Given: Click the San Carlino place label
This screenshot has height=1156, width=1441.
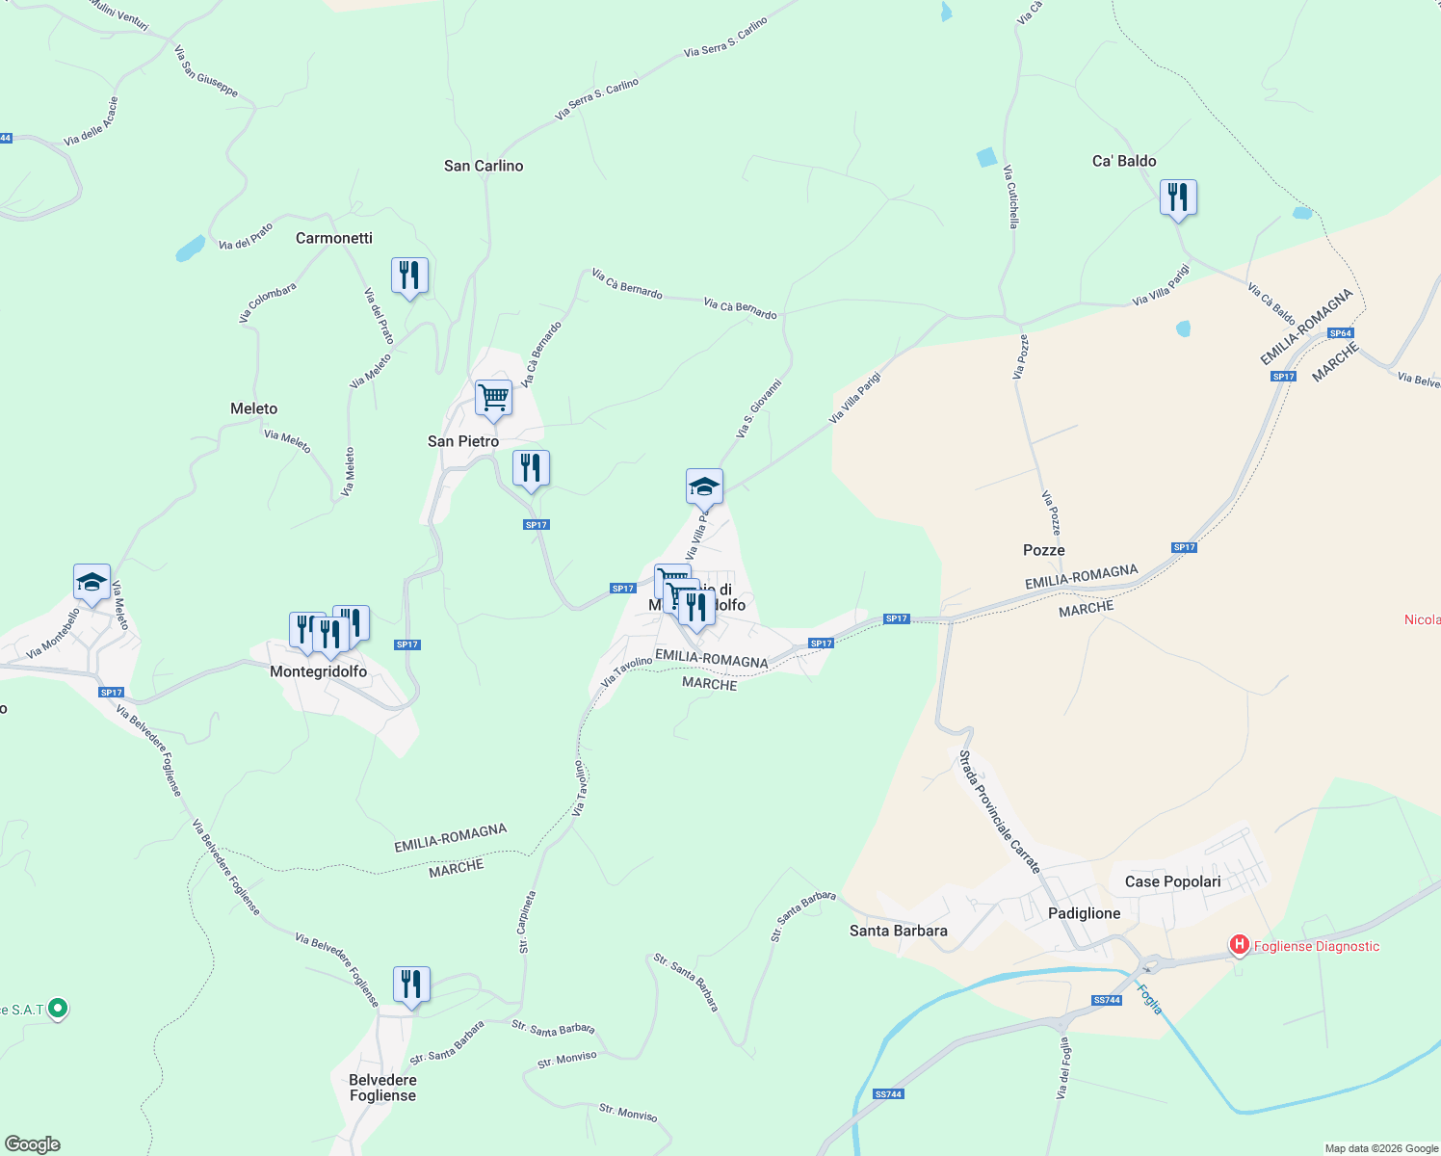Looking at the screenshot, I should click(484, 166).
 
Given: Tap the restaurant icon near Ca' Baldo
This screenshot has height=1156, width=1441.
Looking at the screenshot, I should click(1178, 197).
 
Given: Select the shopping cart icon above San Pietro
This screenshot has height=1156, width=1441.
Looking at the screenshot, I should click(493, 398).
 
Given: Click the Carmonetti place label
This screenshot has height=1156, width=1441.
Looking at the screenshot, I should click(333, 238).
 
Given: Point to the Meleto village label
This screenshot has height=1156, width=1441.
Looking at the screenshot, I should click(253, 408).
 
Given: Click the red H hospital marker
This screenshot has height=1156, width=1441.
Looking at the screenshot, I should click(1240, 945).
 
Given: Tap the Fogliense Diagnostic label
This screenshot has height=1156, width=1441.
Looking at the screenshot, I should click(1316, 946).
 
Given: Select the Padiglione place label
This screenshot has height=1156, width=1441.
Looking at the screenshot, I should click(1084, 913).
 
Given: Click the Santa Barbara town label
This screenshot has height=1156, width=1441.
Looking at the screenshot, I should click(898, 931).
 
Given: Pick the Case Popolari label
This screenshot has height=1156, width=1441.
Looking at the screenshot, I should click(1172, 881).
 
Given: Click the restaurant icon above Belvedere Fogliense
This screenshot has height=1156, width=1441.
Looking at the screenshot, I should click(411, 985).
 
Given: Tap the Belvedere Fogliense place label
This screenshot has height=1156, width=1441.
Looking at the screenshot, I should click(382, 1088).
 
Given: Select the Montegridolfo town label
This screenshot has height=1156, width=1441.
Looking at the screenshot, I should click(318, 671).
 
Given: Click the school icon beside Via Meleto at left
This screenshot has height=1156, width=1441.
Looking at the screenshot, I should click(92, 582).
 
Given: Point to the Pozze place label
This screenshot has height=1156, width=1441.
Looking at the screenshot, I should click(1043, 550).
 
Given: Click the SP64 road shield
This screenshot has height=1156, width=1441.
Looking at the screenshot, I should click(1340, 333).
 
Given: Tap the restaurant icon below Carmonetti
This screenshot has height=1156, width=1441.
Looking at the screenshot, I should click(409, 276).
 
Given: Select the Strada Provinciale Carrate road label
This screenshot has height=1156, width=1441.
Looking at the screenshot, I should click(999, 812).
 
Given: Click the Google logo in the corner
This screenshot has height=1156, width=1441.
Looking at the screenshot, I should click(33, 1144).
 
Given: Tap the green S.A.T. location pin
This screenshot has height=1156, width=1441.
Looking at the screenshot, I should click(58, 1009).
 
